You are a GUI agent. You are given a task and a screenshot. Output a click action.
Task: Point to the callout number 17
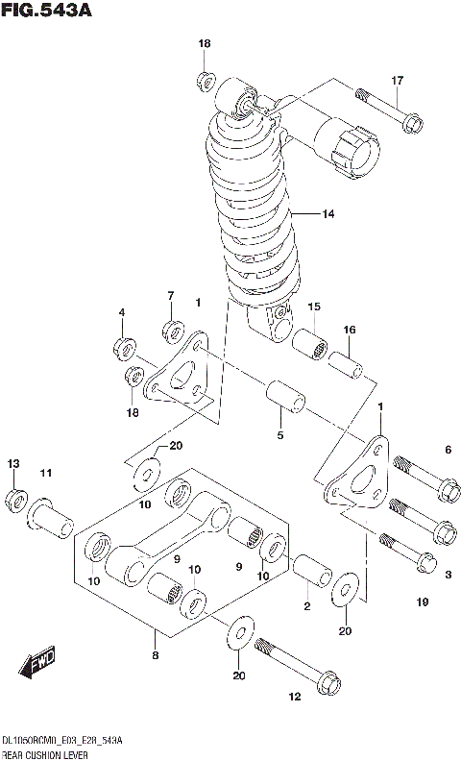[x=397, y=81]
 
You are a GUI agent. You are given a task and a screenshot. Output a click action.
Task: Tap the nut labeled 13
[x=15, y=498]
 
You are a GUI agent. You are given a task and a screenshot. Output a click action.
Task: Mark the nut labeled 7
[x=173, y=331]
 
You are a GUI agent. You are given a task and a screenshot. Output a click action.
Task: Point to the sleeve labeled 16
[x=347, y=366]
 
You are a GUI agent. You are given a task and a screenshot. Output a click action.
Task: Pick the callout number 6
[x=447, y=450]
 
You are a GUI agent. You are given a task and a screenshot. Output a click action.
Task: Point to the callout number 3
[x=447, y=574]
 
